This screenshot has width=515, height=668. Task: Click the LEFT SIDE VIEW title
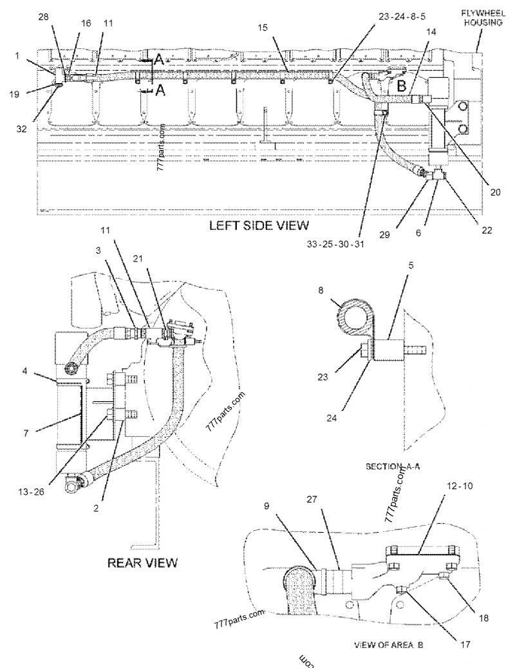[259, 225]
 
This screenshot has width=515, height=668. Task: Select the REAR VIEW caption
[142, 562]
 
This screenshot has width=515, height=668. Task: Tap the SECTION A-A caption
[392, 466]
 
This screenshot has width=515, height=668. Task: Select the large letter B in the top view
[401, 84]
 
